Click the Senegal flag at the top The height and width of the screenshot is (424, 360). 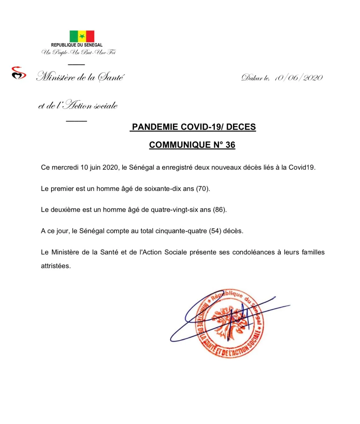[82, 36]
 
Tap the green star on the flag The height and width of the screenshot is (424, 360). [82, 36]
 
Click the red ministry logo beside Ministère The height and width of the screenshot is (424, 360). [19, 73]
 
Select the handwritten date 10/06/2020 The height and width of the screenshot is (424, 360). [298, 78]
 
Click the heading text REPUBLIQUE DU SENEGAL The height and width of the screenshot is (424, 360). [77, 45]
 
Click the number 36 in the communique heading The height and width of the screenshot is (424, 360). [230, 145]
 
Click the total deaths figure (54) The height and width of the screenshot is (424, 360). [215, 231]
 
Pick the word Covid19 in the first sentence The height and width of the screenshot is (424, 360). [301, 167]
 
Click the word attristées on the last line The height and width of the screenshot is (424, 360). [56, 266]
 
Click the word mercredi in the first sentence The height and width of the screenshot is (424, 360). [65, 167]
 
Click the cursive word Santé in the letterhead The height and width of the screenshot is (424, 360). [111, 77]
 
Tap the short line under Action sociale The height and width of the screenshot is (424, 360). [76, 121]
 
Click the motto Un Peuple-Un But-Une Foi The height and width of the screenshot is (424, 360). [78, 53]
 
